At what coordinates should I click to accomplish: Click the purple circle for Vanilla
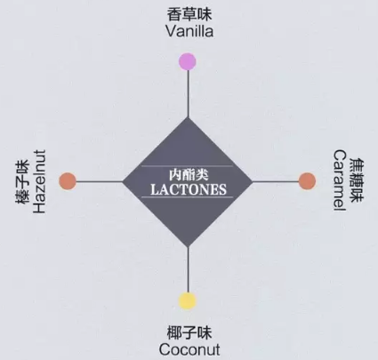pyautogui.click(x=188, y=61)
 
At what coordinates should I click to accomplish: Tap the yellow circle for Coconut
pyautogui.click(x=188, y=300)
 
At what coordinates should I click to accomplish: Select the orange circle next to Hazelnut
pyautogui.click(x=68, y=181)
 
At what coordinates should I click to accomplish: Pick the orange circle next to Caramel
pyautogui.click(x=307, y=181)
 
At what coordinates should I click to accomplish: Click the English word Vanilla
pyautogui.click(x=189, y=31)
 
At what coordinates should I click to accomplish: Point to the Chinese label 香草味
pyautogui.click(x=189, y=14)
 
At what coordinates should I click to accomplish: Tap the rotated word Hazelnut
pyautogui.click(x=39, y=181)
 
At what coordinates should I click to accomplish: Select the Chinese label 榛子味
pyautogui.click(x=22, y=182)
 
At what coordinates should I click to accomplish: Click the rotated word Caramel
pyautogui.click(x=340, y=180)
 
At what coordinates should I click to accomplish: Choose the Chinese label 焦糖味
pyautogui.click(x=357, y=180)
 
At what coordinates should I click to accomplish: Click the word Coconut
pyautogui.click(x=189, y=349)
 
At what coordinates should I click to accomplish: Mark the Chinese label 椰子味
pyautogui.click(x=189, y=332)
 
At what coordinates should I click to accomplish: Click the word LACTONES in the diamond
pyautogui.click(x=189, y=189)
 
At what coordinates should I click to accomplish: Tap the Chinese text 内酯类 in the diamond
pyautogui.click(x=189, y=174)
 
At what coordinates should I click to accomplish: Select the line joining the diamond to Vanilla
pyautogui.click(x=188, y=94)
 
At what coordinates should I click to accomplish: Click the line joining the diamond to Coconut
pyautogui.click(x=188, y=269)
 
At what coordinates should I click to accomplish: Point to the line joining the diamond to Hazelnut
pyautogui.click(x=100, y=181)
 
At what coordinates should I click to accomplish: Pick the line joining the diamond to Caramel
pyautogui.click(x=276, y=181)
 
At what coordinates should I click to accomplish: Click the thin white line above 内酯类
pyautogui.click(x=187, y=166)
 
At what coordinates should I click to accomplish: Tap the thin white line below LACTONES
pyautogui.click(x=187, y=197)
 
